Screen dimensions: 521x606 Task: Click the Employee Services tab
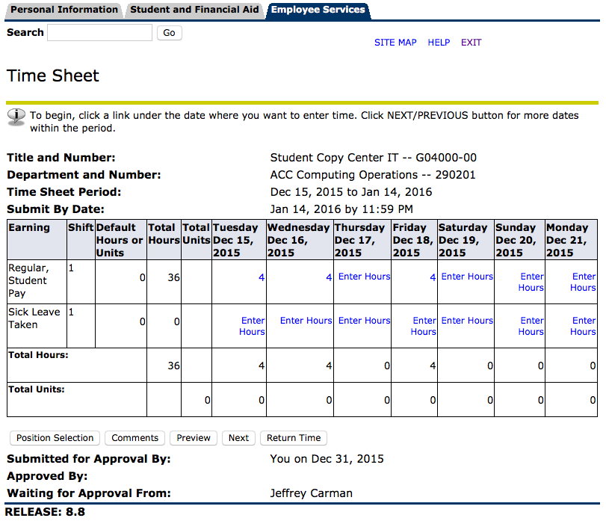coord(318,10)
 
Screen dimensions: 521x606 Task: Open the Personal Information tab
coord(65,10)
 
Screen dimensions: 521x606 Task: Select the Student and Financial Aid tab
coord(194,10)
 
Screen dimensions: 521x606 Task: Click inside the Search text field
coord(99,33)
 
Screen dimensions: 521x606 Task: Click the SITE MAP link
coord(395,43)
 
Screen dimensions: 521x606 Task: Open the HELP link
coord(439,43)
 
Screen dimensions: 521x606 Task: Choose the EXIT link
coord(471,43)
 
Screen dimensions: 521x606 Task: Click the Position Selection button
coord(55,438)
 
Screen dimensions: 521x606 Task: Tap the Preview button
coord(194,438)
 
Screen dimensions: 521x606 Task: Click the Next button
coord(238,438)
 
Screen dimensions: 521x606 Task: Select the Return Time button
coord(294,438)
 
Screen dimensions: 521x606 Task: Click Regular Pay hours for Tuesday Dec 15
coord(262,277)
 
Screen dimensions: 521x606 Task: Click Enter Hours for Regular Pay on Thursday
coord(364,277)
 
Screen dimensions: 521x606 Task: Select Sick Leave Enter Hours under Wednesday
coord(306,321)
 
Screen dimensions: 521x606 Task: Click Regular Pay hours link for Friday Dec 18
coord(433,277)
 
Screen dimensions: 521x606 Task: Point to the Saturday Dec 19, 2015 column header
coord(465,240)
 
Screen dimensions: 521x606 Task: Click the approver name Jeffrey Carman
coord(312,493)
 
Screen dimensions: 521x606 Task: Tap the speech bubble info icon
coord(16,116)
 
